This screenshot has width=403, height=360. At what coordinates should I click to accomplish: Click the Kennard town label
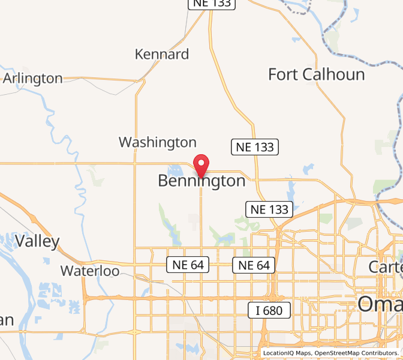point(162,55)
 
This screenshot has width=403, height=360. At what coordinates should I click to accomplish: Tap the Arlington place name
point(33,79)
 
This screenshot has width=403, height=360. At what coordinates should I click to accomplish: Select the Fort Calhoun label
point(316,74)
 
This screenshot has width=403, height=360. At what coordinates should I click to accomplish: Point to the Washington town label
point(157,142)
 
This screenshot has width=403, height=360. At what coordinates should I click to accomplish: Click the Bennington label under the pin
point(201,181)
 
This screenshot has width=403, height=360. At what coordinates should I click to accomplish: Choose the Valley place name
point(37,242)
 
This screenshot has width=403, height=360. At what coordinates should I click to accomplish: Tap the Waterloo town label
point(90,271)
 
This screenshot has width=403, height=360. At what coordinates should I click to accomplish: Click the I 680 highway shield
point(269,310)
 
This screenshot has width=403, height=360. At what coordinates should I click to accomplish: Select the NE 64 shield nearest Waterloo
point(187,265)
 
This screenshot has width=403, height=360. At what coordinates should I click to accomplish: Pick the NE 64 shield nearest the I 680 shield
point(254,265)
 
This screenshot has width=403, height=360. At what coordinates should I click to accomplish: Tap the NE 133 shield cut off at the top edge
point(212,4)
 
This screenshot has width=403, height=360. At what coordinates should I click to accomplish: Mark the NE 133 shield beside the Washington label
point(254,146)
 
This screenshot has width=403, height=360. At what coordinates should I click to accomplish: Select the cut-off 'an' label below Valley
point(6,320)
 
